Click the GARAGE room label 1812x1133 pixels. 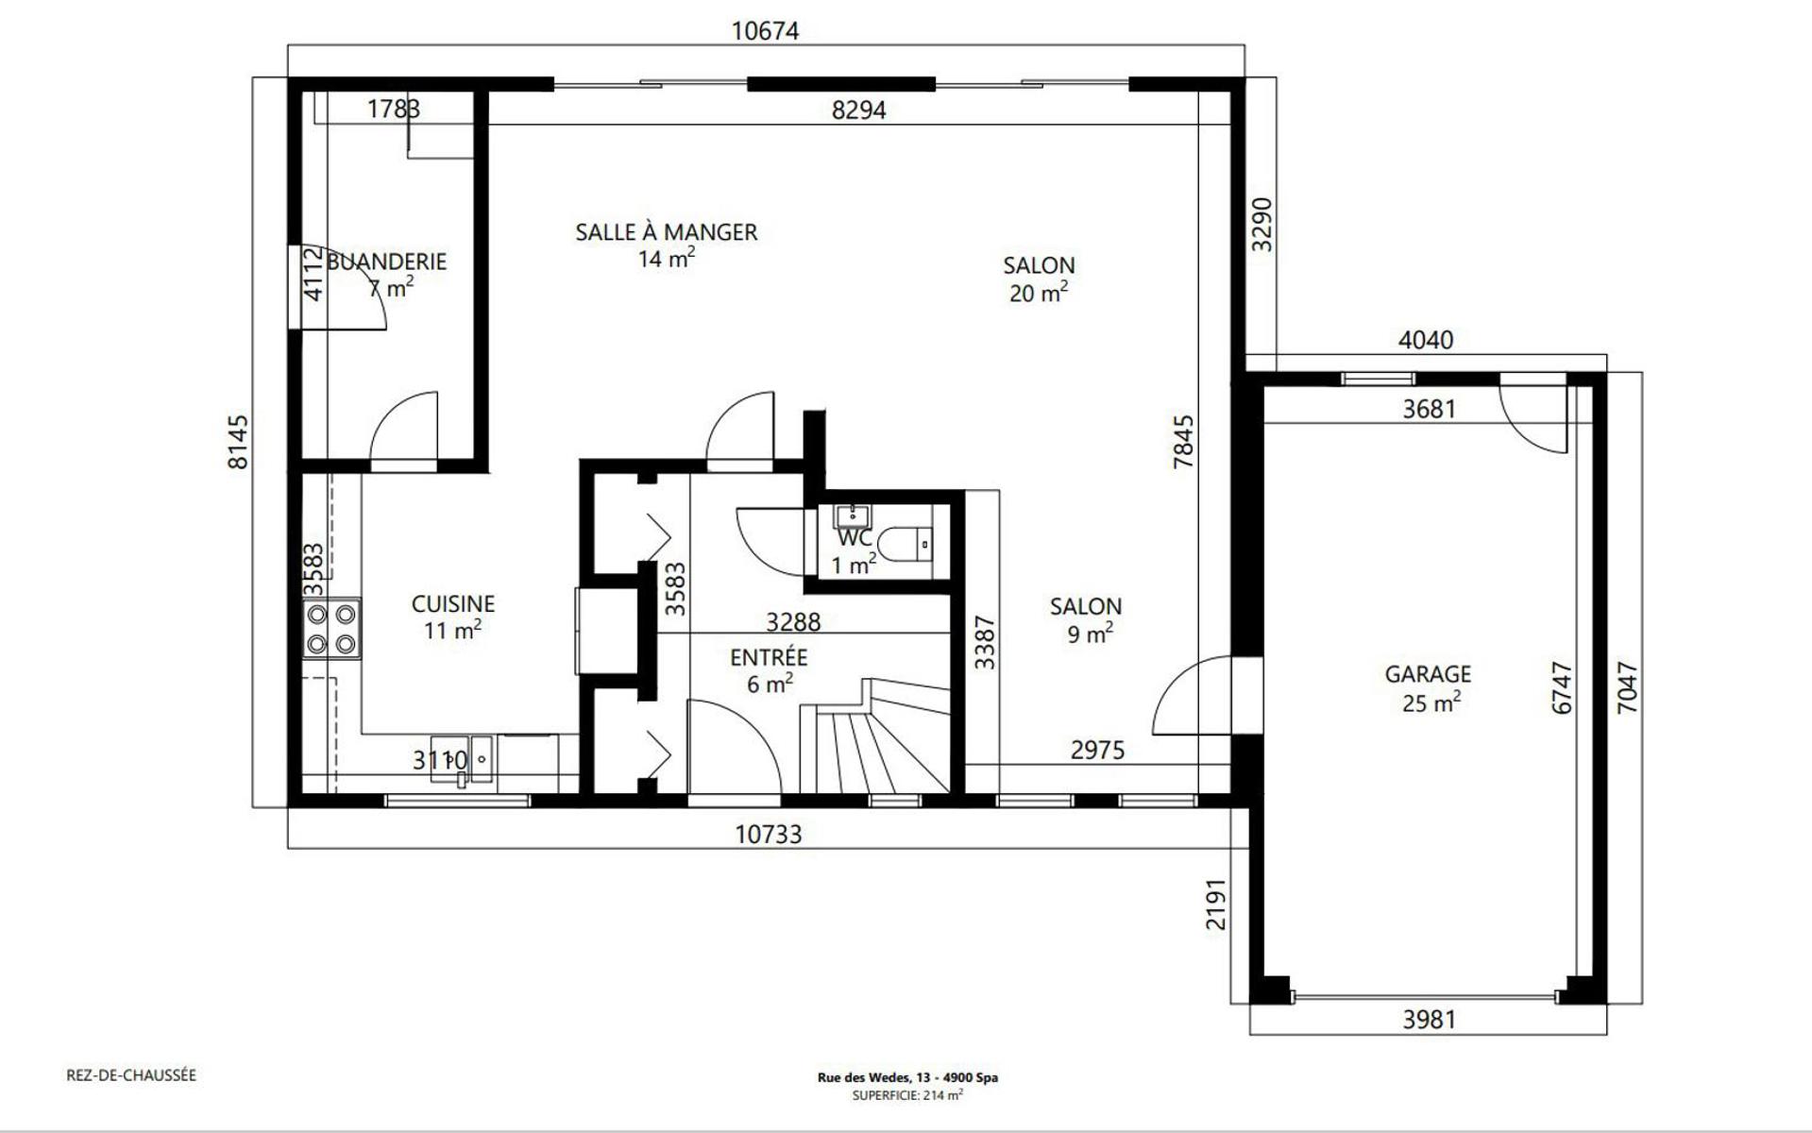(x=1428, y=674)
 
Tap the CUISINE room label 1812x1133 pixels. (x=453, y=603)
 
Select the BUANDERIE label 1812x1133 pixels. (x=386, y=262)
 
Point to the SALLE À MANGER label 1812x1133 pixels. (x=667, y=232)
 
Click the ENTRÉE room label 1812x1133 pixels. (x=769, y=657)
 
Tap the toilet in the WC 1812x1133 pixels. (x=905, y=544)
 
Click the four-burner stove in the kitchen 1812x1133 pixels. (x=331, y=629)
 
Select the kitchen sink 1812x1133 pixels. (x=463, y=759)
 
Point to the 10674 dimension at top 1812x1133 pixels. (x=766, y=31)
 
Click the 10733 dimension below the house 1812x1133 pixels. (x=769, y=835)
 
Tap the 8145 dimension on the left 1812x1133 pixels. (x=238, y=442)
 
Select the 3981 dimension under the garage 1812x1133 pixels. (x=1429, y=1020)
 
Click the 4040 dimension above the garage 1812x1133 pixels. (x=1426, y=340)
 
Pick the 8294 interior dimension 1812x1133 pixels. (x=859, y=110)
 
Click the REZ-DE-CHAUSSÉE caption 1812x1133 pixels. (x=131, y=1075)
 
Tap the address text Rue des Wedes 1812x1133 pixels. (x=863, y=1077)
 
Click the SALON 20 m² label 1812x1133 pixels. (x=1039, y=279)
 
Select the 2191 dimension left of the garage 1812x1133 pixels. (x=1216, y=905)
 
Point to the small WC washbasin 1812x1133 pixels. (x=853, y=515)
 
